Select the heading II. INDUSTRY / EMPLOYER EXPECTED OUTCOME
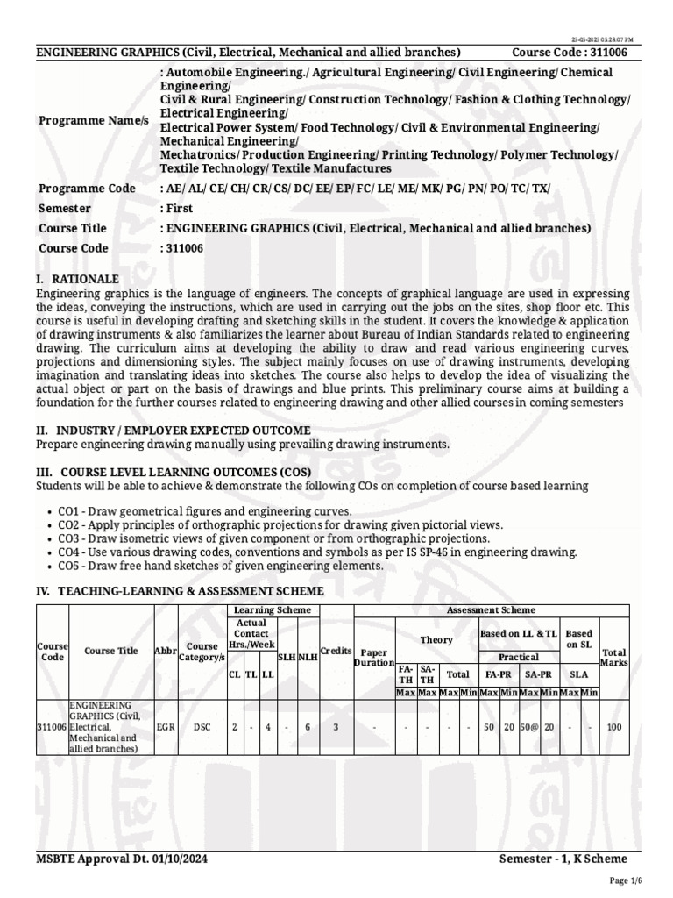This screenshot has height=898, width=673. (x=173, y=431)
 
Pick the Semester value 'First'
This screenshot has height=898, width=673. (x=177, y=209)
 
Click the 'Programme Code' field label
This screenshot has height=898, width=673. (x=87, y=189)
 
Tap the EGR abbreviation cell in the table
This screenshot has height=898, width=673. (x=165, y=727)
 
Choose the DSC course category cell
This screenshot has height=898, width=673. (x=202, y=727)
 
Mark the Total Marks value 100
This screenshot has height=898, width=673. (x=614, y=727)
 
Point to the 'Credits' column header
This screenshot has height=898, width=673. (x=336, y=651)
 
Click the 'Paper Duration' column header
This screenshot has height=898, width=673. (x=374, y=658)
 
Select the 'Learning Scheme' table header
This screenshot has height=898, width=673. (x=271, y=609)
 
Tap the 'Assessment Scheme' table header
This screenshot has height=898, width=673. (x=491, y=609)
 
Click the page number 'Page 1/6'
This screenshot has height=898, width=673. (x=626, y=880)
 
